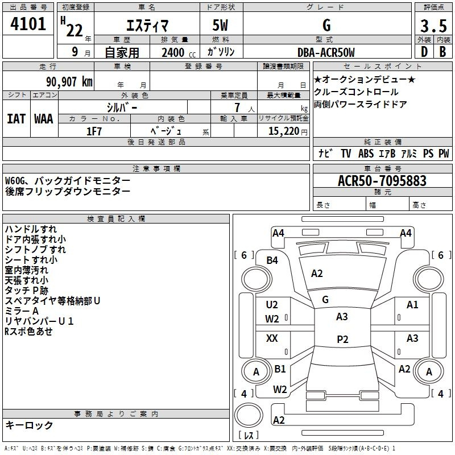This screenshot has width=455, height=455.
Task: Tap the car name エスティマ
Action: pos(146,26)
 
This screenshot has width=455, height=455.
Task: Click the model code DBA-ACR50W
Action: pos(326,52)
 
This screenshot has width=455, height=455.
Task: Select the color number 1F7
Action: pos(94,131)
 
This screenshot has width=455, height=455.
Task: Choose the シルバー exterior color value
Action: pos(122,107)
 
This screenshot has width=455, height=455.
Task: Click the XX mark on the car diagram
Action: pos(272,338)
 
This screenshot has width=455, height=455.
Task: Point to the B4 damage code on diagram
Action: pos(272,260)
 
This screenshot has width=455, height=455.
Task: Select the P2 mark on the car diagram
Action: pos(342,339)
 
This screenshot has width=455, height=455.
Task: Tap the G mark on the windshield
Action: pos(325,299)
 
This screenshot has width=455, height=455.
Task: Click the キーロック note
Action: pos(30,425)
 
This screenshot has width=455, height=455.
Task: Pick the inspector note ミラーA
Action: pos(22,311)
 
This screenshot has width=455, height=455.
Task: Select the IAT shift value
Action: pos(16,118)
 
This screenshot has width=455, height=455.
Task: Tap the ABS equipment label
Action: pos(366,154)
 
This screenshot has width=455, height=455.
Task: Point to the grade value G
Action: pos(326,26)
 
